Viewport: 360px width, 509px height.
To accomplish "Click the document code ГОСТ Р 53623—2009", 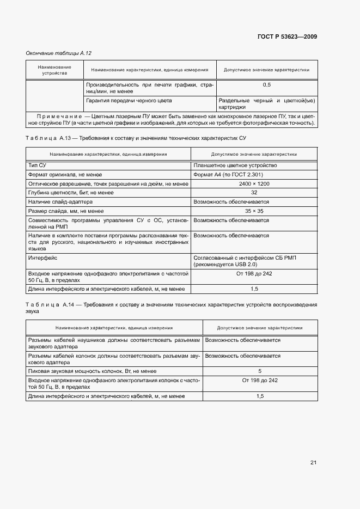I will point(286,37).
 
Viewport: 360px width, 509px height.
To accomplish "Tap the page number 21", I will point(313,463).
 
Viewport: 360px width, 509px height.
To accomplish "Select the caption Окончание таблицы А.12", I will point(59,53).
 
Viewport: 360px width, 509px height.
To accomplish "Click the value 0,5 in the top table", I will point(266,85).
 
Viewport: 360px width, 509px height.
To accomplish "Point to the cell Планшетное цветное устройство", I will point(235,165).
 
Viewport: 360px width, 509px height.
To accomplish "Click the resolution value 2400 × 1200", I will point(254,184).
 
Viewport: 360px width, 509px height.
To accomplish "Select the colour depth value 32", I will point(254,193).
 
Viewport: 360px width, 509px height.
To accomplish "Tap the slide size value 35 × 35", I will point(254,211).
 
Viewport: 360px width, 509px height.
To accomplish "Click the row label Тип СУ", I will point(38,165).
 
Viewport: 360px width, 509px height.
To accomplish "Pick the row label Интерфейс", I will point(42,257).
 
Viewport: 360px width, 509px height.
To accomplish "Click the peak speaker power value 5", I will point(260,371).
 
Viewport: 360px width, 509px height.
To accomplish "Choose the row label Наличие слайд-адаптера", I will point(60,202).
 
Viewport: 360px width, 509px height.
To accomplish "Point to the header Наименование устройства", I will point(54,69).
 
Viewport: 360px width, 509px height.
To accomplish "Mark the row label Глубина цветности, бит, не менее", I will point(71,193).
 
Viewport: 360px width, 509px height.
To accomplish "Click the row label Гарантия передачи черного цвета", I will point(129,101).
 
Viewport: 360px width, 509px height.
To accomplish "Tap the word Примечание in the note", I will point(59,116).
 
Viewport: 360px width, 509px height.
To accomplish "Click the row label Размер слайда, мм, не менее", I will point(65,211).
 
